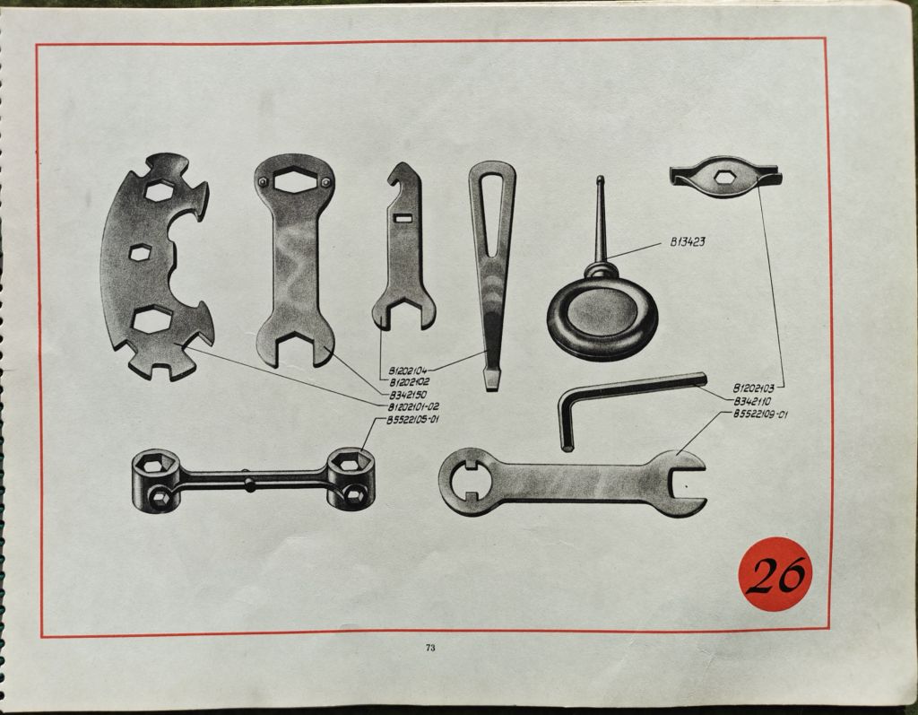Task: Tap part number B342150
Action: click(408, 395)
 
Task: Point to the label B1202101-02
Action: click(414, 406)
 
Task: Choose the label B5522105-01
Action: click(413, 420)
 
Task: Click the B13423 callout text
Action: click(688, 242)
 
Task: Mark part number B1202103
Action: click(754, 388)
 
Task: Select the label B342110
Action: click(752, 402)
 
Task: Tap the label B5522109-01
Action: click(761, 415)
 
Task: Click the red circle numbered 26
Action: click(775, 574)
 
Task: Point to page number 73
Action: click(430, 648)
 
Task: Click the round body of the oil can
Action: click(602, 317)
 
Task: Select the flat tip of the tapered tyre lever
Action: click(492, 385)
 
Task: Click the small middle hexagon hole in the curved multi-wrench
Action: click(139, 253)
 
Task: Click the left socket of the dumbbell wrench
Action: click(155, 481)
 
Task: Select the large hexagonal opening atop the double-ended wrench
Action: click(294, 179)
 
